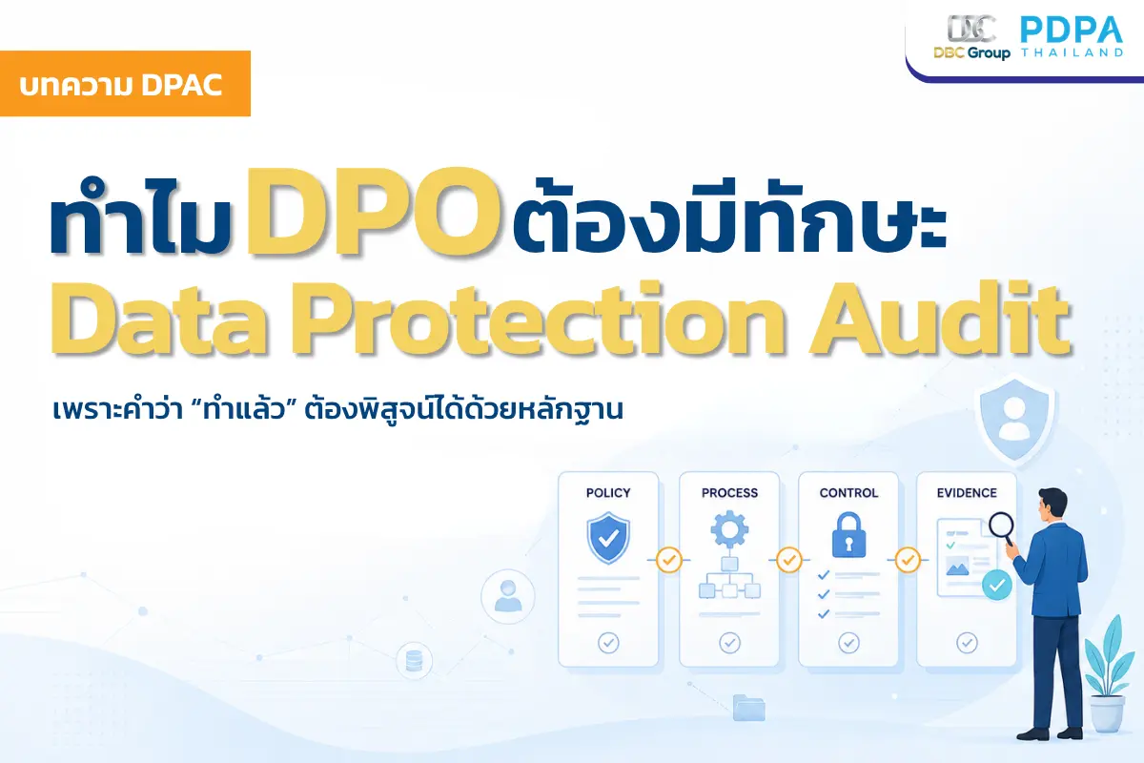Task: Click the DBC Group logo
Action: pos(971,37)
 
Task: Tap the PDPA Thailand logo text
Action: pos(1072,36)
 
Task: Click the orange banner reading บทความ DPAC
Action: pos(125,83)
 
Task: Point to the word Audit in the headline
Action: pos(940,318)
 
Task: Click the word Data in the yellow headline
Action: pos(159,318)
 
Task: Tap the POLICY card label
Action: pos(608,493)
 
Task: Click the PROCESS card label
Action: pos(729,493)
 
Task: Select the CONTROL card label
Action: pos(848,493)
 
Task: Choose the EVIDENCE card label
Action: pos(967,493)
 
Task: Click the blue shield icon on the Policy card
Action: pos(608,538)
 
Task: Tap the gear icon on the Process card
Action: pos(729,529)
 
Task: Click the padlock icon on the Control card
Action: pos(848,535)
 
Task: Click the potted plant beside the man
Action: pos(1106,674)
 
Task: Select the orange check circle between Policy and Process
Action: pos(668,560)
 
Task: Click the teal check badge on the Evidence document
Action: pos(997,586)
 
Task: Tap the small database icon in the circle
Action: pos(414,661)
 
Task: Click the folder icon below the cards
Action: pos(748,708)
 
